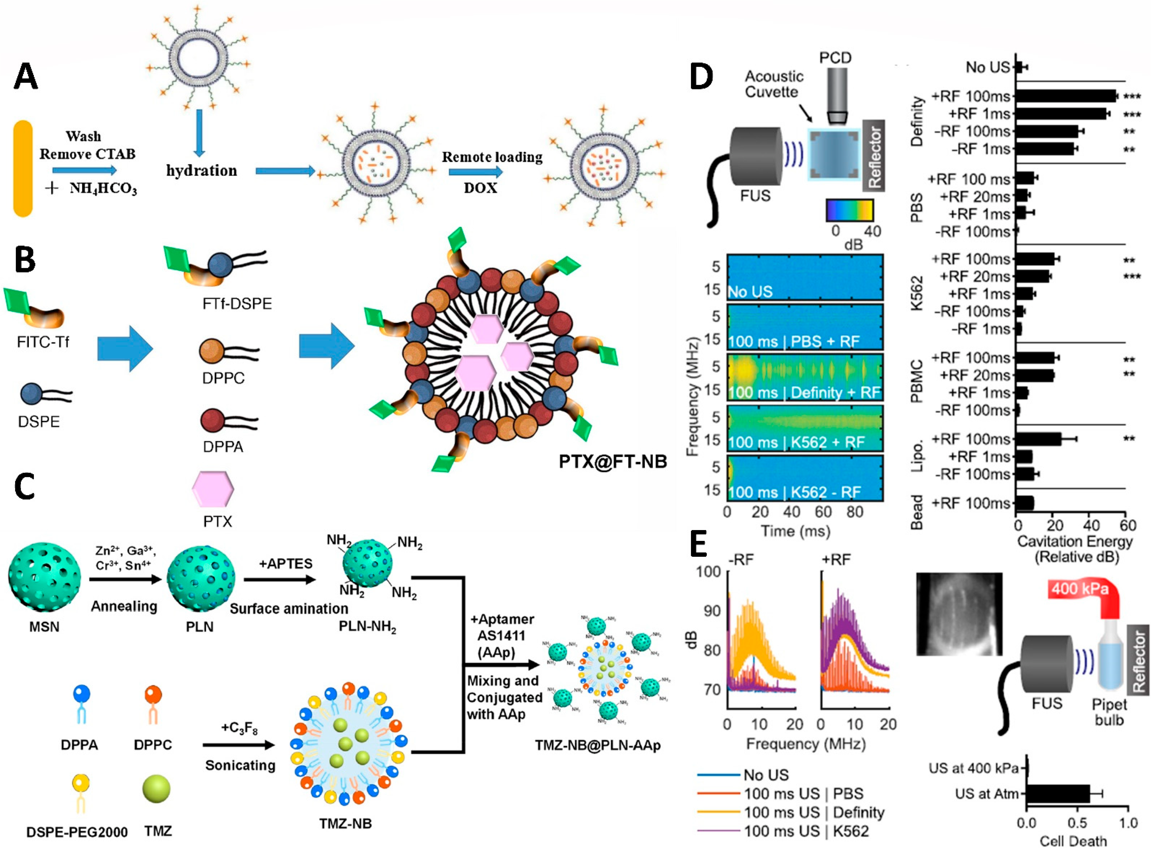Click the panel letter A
point(26,76)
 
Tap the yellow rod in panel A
point(23,168)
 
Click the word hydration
point(201,171)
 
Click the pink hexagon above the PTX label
point(213,488)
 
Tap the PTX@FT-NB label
point(612,461)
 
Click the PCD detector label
point(835,58)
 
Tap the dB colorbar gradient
point(849,210)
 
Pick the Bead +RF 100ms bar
point(1024,503)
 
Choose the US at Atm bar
point(1058,794)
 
